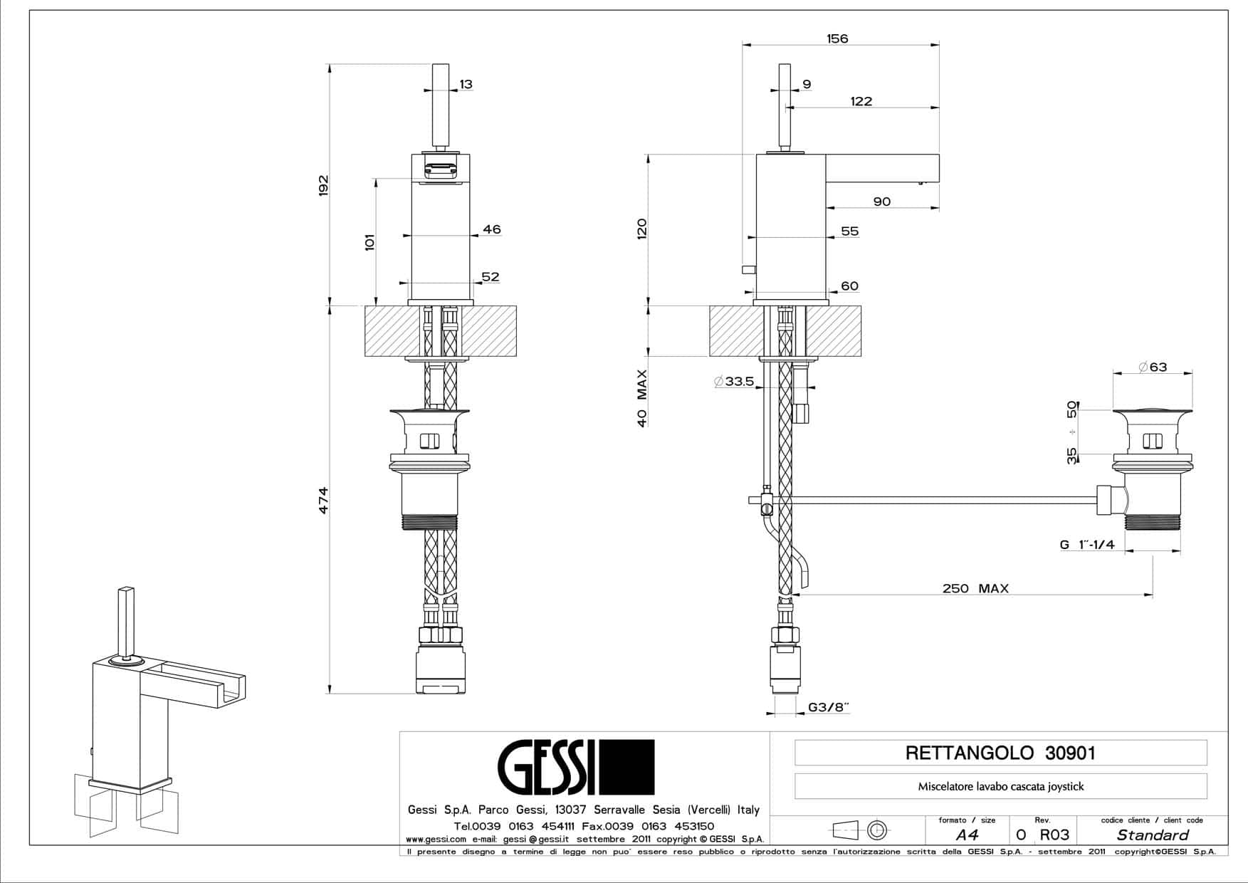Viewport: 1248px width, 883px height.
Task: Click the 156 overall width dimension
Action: coord(837,38)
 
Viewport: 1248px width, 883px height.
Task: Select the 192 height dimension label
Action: coord(323,185)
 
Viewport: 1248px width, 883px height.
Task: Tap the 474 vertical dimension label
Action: coord(323,500)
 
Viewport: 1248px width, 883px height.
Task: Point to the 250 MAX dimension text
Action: coord(975,588)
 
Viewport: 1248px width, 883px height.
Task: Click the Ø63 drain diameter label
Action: coord(1153,367)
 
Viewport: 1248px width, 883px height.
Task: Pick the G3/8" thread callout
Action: coord(829,707)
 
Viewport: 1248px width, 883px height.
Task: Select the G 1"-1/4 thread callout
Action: coord(1087,545)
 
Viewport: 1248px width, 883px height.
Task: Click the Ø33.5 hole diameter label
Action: coord(733,382)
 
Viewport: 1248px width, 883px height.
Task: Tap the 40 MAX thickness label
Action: coord(642,398)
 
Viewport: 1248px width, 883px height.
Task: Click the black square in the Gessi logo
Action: coord(626,767)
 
